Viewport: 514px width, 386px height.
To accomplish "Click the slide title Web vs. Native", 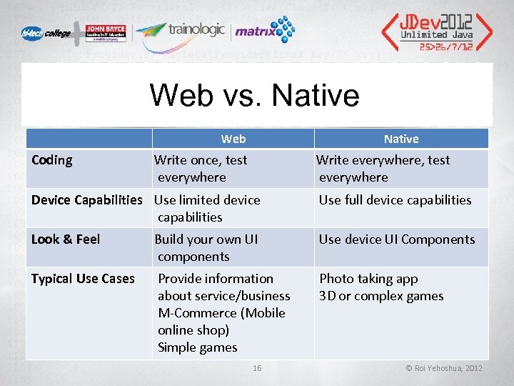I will [x=254, y=95].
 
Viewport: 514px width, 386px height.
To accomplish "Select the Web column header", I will [x=233, y=139].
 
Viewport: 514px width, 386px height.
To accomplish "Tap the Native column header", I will [x=401, y=139].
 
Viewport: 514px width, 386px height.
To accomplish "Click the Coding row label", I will [x=52, y=160].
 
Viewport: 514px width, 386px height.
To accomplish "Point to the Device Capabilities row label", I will [x=87, y=200].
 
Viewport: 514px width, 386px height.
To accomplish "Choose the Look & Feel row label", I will [x=66, y=239].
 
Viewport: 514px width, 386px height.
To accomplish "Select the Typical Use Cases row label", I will [x=83, y=279].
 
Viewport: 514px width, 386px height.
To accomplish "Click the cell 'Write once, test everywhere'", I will [x=201, y=169].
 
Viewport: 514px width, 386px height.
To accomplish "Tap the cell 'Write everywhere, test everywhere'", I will [x=383, y=169].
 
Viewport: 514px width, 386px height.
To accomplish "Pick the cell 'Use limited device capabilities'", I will [x=207, y=208].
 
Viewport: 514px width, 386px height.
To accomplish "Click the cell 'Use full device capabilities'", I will [x=395, y=200].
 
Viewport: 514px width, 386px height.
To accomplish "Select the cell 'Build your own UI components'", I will [x=206, y=247].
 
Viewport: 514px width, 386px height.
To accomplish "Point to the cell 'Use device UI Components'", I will [x=396, y=239].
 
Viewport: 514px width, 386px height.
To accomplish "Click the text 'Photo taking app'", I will [x=368, y=279].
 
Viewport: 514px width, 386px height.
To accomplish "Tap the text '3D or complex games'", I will [x=381, y=296].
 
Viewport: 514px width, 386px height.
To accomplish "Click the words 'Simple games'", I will [x=198, y=347].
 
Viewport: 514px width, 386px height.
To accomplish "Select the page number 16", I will [x=257, y=368].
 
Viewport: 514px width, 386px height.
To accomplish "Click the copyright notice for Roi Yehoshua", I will [x=443, y=368].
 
